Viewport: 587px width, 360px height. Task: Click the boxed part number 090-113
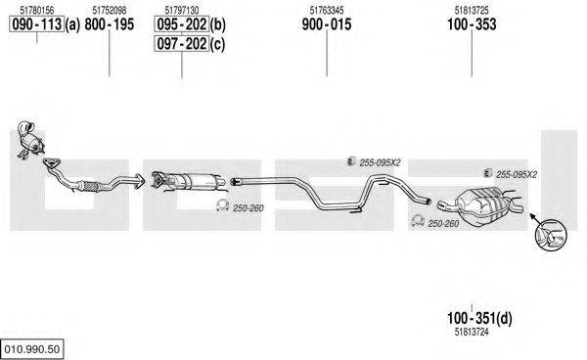click(37, 24)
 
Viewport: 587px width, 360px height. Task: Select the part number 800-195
click(110, 24)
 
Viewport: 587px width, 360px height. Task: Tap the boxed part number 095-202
click(182, 24)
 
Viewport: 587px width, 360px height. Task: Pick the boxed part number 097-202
click(182, 44)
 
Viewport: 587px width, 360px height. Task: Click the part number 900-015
click(327, 24)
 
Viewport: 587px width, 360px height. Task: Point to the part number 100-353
click(472, 24)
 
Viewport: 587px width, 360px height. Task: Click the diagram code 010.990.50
click(32, 349)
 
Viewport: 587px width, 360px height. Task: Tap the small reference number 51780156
click(37, 10)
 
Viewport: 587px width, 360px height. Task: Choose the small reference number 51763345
click(327, 10)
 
